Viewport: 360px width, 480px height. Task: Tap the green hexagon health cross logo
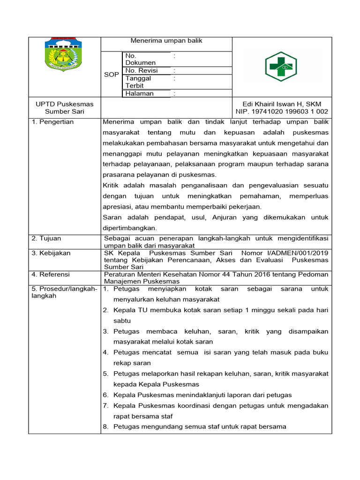pyautogui.click(x=281, y=67)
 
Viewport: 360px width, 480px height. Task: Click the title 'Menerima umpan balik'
pyautogui.click(x=166, y=41)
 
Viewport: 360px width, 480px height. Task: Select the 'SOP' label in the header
pyautogui.click(x=112, y=75)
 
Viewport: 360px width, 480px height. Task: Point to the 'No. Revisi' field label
pyautogui.click(x=141, y=70)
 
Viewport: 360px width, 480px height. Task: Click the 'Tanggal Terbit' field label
pyautogui.click(x=138, y=82)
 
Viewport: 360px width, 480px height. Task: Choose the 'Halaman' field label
pyautogui.click(x=139, y=93)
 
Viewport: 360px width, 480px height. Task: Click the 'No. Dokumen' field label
pyautogui.click(x=140, y=59)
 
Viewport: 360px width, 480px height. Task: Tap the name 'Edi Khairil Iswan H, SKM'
pyautogui.click(x=281, y=104)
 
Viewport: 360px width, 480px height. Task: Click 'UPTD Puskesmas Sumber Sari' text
pyautogui.click(x=65, y=107)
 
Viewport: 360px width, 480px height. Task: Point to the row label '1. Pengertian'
pyautogui.click(x=52, y=122)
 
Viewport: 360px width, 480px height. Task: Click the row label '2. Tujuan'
pyautogui.click(x=46, y=239)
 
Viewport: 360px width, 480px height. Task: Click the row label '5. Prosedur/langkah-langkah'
pyautogui.click(x=64, y=292)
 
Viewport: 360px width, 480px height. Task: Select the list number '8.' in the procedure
pyautogui.click(x=105, y=427)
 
